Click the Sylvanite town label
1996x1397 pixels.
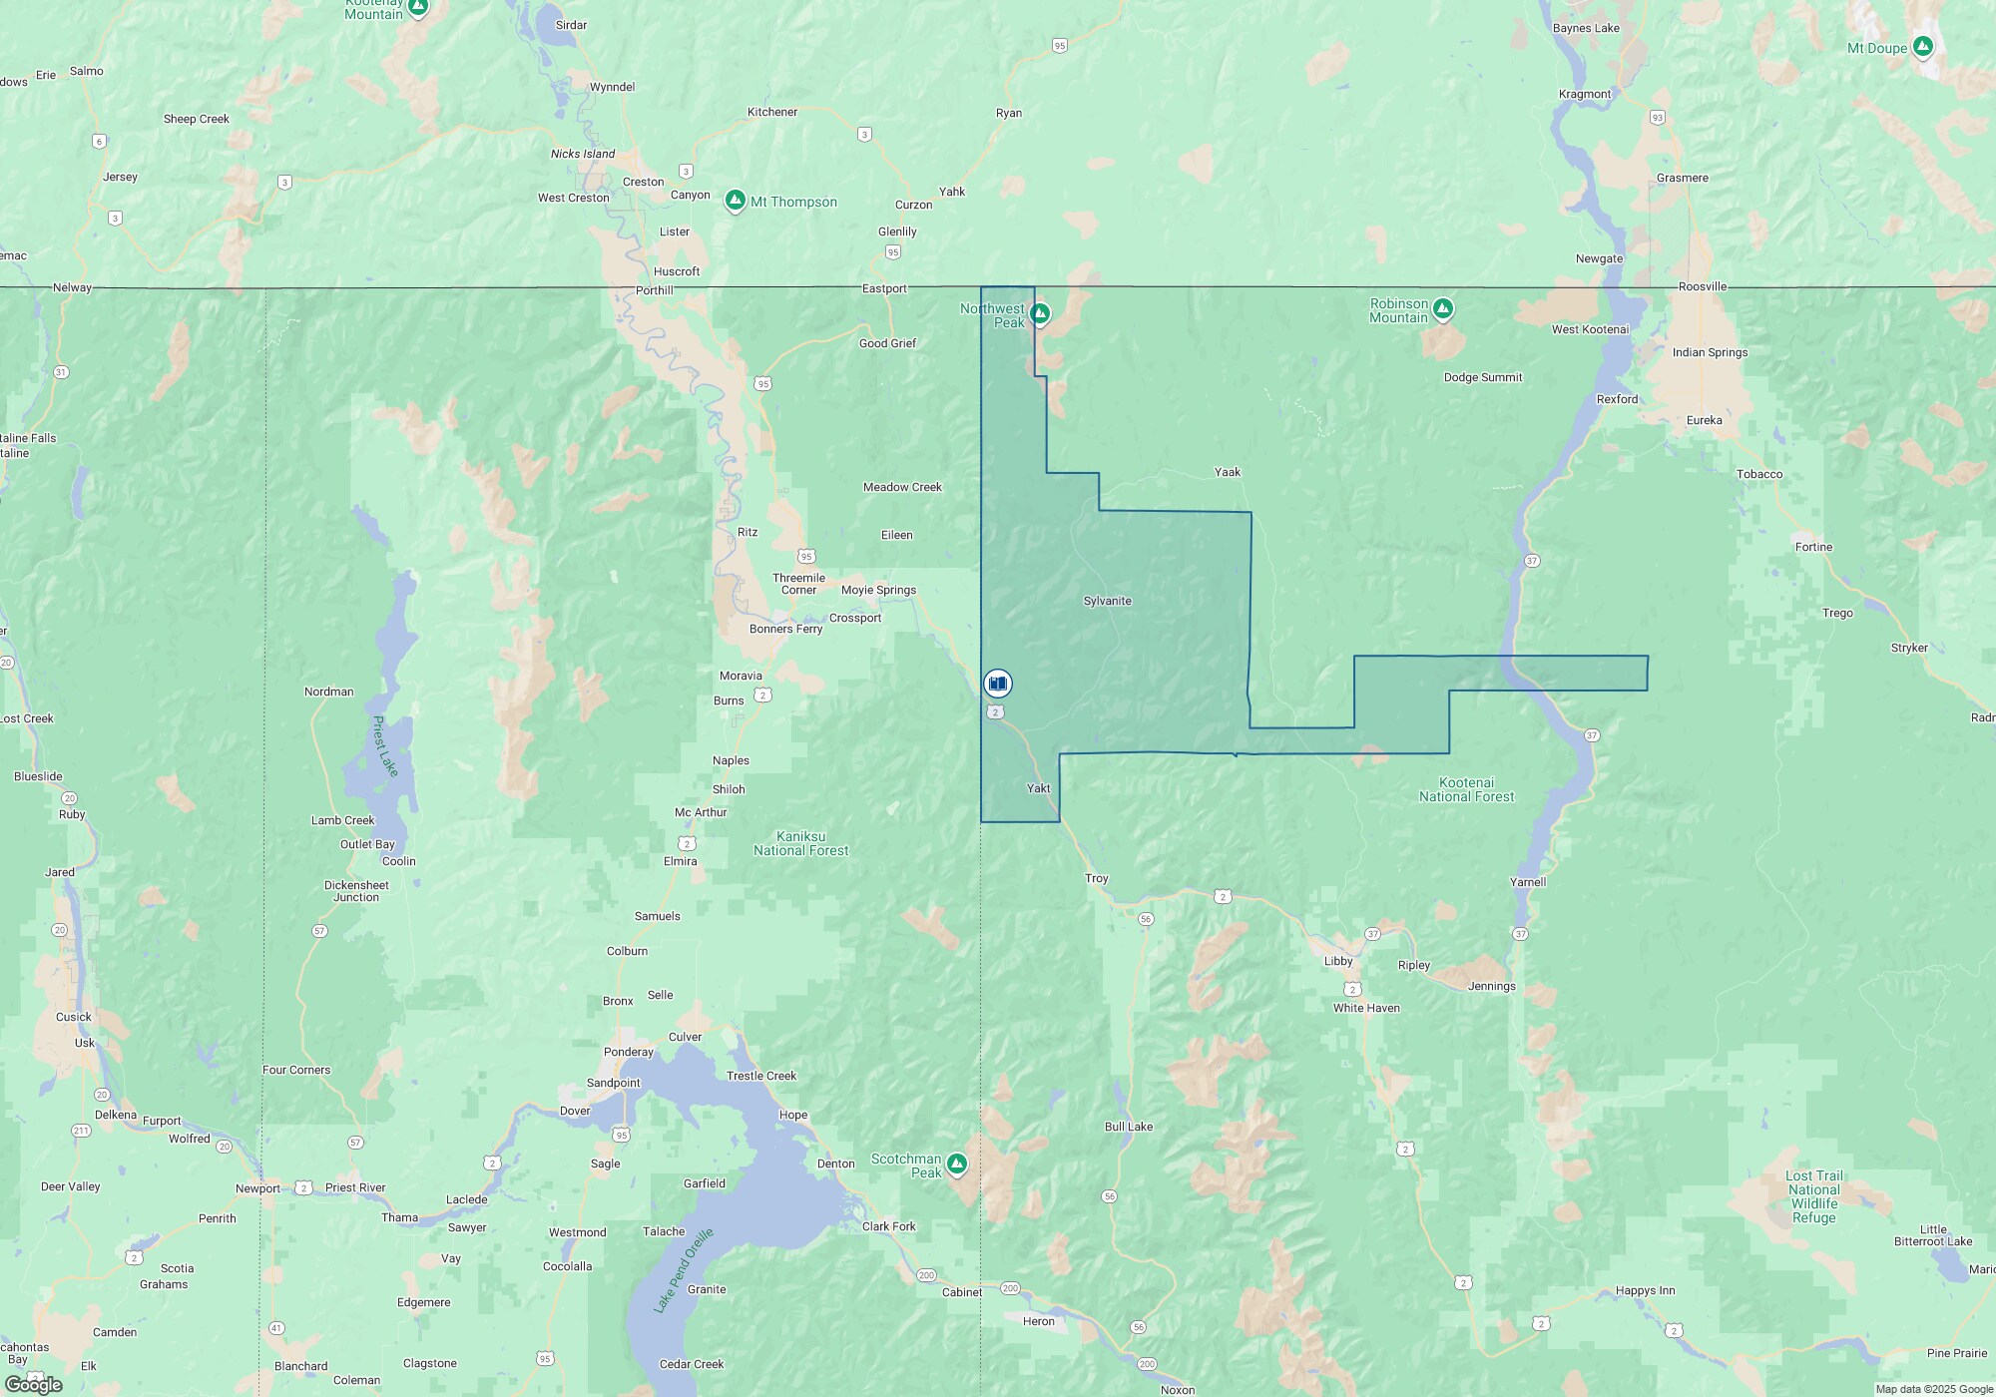coord(1107,601)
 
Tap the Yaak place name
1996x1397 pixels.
coord(1227,472)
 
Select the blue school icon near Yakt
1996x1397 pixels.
coord(997,684)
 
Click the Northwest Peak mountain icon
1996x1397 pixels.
coord(1040,314)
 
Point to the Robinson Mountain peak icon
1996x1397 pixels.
coord(1442,309)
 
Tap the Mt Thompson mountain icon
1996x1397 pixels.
coord(736,202)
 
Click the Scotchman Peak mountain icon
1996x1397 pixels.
coord(957,1164)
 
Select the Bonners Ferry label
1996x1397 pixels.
coord(785,629)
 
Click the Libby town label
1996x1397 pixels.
coord(1337,961)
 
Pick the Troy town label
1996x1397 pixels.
coord(1096,878)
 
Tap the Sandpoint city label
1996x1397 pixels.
coord(613,1083)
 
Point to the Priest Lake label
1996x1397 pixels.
coord(384,745)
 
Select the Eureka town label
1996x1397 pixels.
coord(1704,420)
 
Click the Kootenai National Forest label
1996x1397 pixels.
coord(1466,789)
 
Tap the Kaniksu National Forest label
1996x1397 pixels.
coord(800,843)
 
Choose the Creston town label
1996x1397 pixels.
coord(643,182)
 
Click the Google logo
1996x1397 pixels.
coord(33,1384)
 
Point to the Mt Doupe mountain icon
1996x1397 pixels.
coord(1922,47)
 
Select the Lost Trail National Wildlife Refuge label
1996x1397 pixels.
coord(1813,1196)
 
